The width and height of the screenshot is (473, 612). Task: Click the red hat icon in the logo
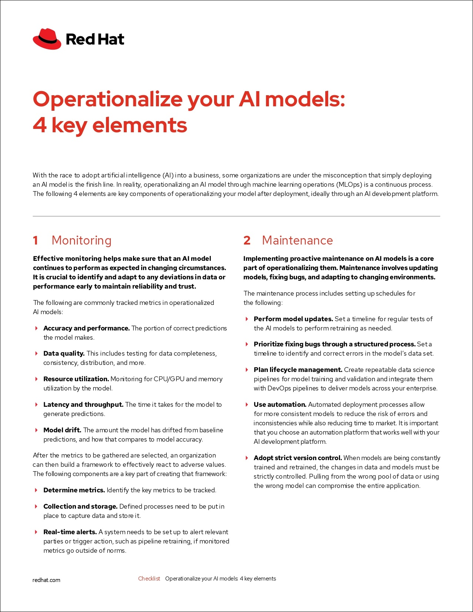(x=47, y=39)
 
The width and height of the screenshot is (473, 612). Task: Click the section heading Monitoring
(x=81, y=240)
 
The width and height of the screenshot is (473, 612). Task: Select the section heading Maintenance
(x=297, y=240)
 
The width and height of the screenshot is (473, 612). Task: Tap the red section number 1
(x=36, y=240)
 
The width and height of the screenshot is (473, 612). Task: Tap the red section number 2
(x=247, y=240)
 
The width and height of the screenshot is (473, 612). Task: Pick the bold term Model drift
(x=62, y=430)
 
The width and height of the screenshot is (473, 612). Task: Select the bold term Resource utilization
(x=76, y=379)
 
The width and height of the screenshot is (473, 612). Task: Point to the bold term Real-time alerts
(x=70, y=532)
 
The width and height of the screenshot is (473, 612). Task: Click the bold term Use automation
(x=280, y=405)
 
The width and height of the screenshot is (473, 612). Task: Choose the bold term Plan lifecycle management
(x=298, y=370)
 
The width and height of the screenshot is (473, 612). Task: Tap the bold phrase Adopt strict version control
(x=297, y=458)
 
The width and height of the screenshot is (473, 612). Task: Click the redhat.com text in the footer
(x=46, y=580)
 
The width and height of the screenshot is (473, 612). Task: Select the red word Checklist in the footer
(x=149, y=579)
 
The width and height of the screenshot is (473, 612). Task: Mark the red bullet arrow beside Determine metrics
(x=36, y=490)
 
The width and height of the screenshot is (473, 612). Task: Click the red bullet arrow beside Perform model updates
(x=247, y=319)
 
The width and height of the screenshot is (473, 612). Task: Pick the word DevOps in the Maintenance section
(x=279, y=388)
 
